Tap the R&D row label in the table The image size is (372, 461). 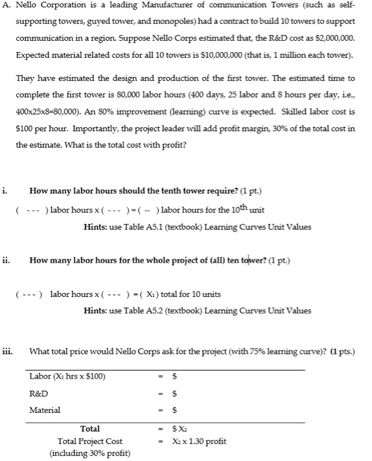coord(39,393)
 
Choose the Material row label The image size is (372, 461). coord(45,410)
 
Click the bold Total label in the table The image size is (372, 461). coord(90,429)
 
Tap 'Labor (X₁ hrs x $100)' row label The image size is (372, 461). coord(67,377)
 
